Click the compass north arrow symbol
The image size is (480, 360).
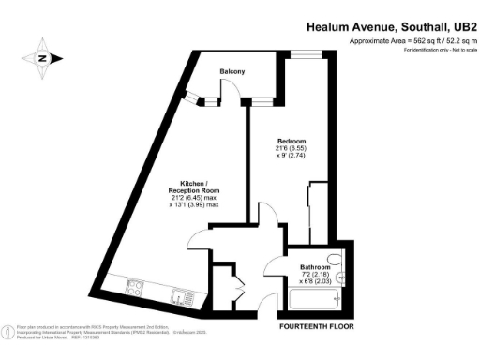coord(41,57)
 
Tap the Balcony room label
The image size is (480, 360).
coord(232,71)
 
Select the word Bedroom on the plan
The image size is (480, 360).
coord(291,142)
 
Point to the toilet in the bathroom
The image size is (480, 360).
coord(339,265)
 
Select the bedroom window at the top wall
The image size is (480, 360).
coord(302,55)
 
